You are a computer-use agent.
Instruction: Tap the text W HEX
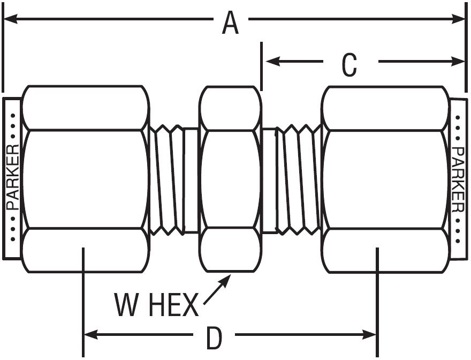tap(156, 306)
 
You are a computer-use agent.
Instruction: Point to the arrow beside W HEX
tap(217, 289)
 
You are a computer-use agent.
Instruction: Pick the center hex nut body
tap(230, 179)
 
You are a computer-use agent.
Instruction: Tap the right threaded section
tap(295, 179)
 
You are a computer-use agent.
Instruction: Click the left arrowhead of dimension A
tap(11, 19)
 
